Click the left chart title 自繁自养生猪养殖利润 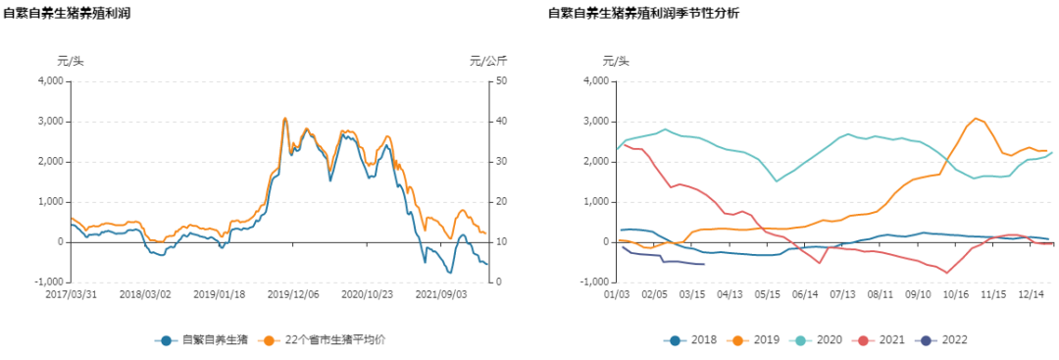(x=67, y=14)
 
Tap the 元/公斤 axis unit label (x=488, y=61)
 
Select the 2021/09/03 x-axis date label (x=440, y=293)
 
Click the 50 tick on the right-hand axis (x=500, y=80)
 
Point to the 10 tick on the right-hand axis (x=500, y=241)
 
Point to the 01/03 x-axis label (x=616, y=293)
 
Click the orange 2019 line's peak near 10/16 (x=976, y=118)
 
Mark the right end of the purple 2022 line (x=704, y=264)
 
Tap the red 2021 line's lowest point (x=946, y=273)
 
